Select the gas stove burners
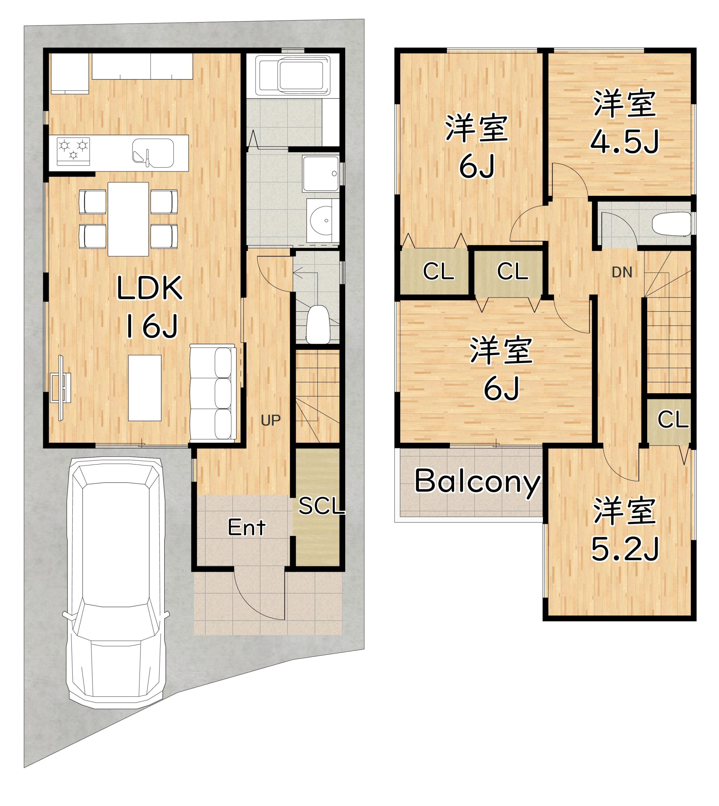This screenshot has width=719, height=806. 73,151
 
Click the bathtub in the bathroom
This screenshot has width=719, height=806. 293,76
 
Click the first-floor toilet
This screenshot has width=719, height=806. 318,324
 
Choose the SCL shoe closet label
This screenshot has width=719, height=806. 321,506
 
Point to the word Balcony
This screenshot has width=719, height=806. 477,482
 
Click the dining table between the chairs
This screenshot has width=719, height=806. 128,219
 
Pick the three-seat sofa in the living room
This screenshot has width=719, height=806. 213,392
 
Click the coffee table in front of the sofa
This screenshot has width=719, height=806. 145,388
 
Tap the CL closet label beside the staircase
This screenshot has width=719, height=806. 673,419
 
